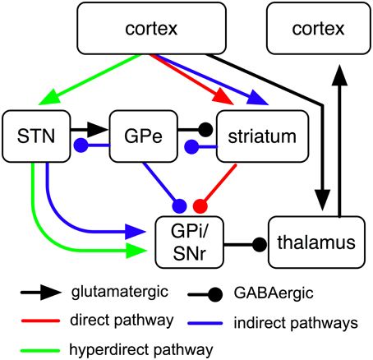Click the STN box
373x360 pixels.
point(30,132)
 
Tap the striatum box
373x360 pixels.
point(256,132)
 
